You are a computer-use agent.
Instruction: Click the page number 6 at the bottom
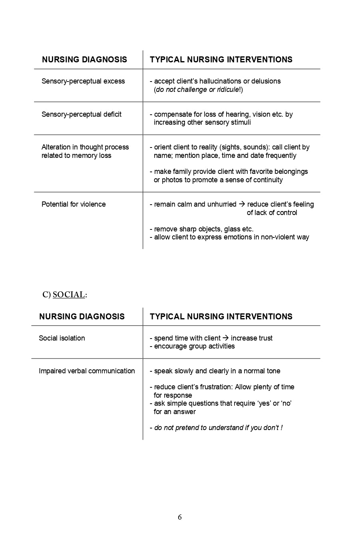(x=180, y=517)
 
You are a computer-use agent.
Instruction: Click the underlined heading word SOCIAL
(x=69, y=295)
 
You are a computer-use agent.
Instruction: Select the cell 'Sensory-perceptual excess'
(x=83, y=81)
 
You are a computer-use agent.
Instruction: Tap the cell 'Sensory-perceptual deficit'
(x=82, y=114)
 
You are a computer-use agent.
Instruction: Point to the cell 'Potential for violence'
(x=74, y=204)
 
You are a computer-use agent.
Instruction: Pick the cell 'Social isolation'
(x=62, y=338)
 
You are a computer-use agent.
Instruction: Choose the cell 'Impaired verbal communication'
(x=87, y=371)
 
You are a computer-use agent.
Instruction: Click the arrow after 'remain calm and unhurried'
(x=242, y=204)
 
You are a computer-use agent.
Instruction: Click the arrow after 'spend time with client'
(x=226, y=338)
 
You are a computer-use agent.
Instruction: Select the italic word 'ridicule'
(x=227, y=90)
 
